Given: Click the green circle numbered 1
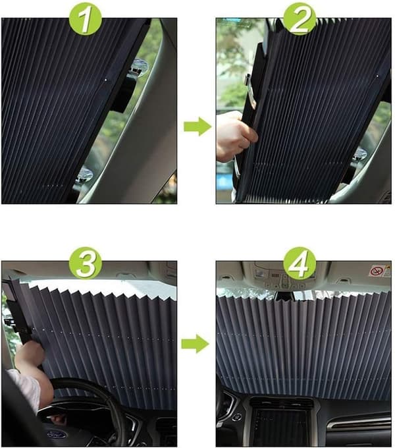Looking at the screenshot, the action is click(86, 19).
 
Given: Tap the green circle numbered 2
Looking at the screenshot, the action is click(300, 19).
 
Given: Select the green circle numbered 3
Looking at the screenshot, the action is click(86, 263).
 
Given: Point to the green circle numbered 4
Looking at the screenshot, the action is click(300, 263).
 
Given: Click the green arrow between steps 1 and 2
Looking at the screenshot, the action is click(197, 126).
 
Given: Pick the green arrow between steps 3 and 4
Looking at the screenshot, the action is click(196, 343).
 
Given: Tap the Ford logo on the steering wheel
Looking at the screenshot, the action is click(57, 435).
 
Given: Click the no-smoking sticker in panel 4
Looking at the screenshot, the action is click(377, 271).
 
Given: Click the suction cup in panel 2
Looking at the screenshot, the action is click(360, 155).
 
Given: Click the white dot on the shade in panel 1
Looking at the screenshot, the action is click(106, 80).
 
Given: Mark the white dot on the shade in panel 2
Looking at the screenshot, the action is click(378, 76).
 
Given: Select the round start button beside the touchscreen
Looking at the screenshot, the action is click(236, 417).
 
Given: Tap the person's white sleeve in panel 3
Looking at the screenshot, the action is click(24, 388).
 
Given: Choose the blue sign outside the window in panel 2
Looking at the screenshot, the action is click(223, 180).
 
